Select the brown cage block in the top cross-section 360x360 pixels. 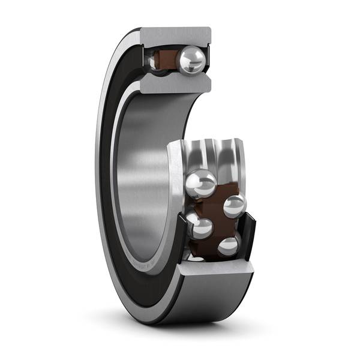pyautogui.click(x=166, y=60)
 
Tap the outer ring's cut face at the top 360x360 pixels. pyautogui.click(x=176, y=36)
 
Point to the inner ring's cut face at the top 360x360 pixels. pyautogui.click(x=176, y=83)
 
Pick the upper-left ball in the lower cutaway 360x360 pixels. pyautogui.click(x=202, y=183)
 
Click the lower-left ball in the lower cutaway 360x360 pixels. pyautogui.click(x=200, y=228)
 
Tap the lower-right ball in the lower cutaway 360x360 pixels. pyautogui.click(x=228, y=246)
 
